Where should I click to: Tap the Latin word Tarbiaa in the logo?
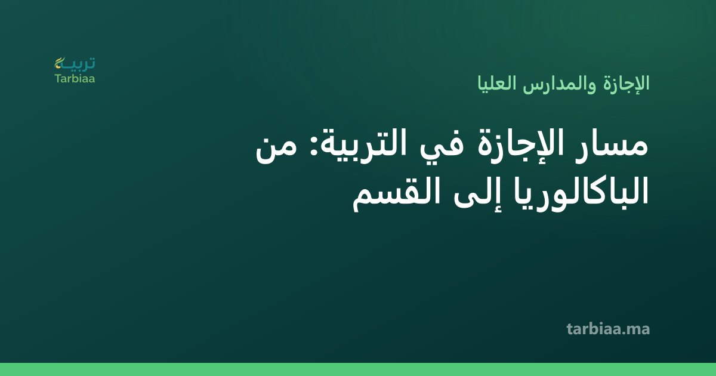coord(75,79)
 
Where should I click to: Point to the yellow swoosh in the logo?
coord(59,63)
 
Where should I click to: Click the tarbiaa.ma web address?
coord(608,329)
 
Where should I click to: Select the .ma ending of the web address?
coord(635,330)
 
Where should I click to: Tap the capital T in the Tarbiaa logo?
coord(58,78)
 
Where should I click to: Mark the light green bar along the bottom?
coord(358,369)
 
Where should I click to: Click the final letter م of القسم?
coord(360,202)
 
